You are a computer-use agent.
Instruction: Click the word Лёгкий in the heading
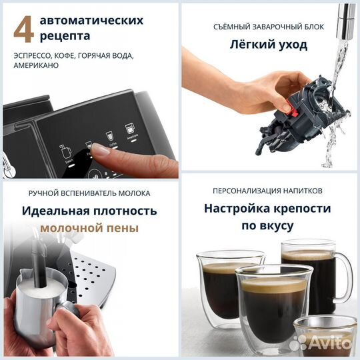247,45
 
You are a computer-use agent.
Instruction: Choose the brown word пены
123,228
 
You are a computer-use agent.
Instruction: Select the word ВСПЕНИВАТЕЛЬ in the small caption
88,193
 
